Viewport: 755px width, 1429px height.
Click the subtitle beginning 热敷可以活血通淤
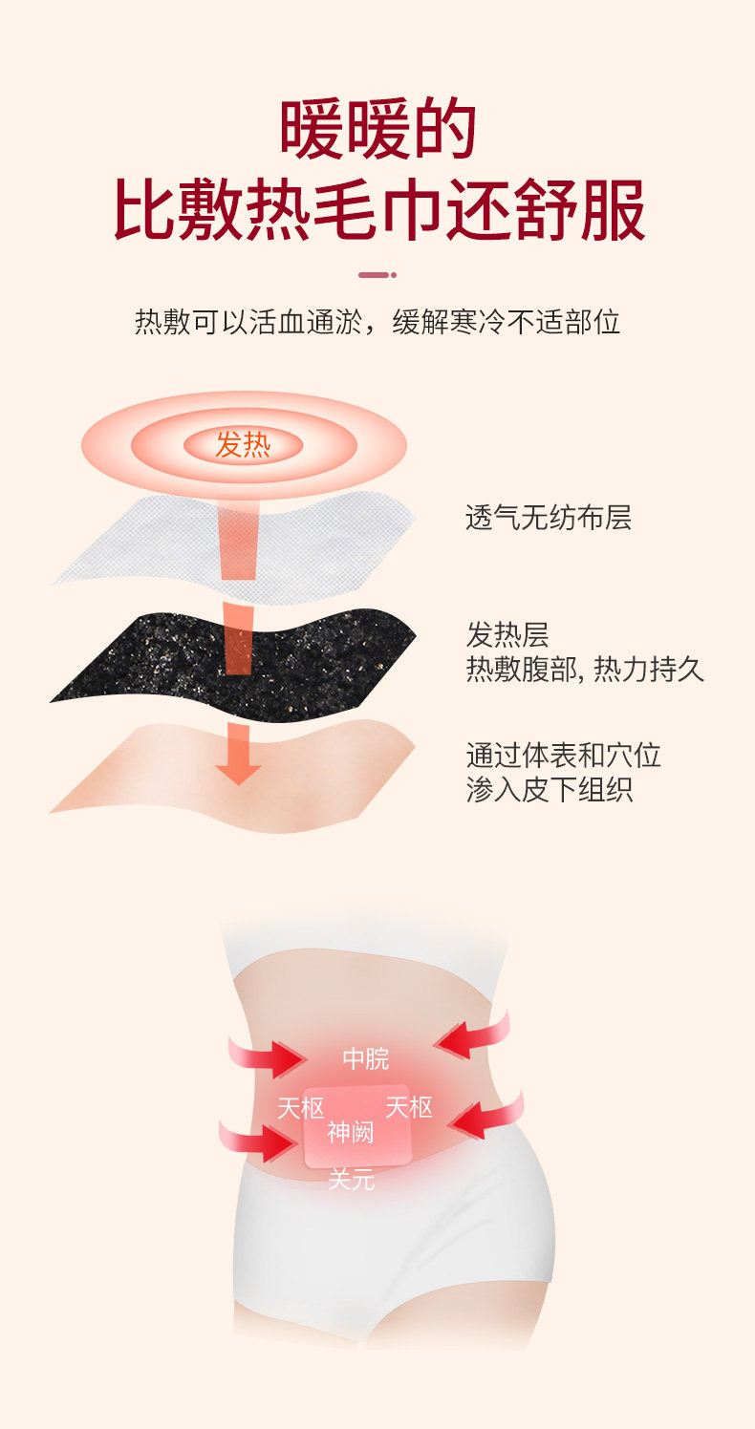[377, 322]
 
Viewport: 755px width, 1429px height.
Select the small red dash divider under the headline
[377, 275]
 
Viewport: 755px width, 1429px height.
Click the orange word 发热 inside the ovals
[243, 444]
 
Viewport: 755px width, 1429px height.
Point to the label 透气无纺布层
[548, 519]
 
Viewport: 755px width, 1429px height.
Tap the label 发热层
[507, 634]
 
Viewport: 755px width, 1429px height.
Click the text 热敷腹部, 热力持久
[585, 670]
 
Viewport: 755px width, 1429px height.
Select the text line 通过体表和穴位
[563, 756]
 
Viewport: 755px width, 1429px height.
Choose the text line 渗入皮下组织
[549, 790]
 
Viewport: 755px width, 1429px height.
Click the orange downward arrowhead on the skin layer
[238, 769]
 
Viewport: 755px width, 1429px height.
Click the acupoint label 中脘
[366, 1058]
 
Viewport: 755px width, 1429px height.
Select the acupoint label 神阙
[351, 1133]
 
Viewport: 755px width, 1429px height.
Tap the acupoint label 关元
[351, 1181]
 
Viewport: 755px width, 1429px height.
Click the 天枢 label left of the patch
[300, 1108]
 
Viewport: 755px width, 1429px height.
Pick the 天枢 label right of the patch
[409, 1107]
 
